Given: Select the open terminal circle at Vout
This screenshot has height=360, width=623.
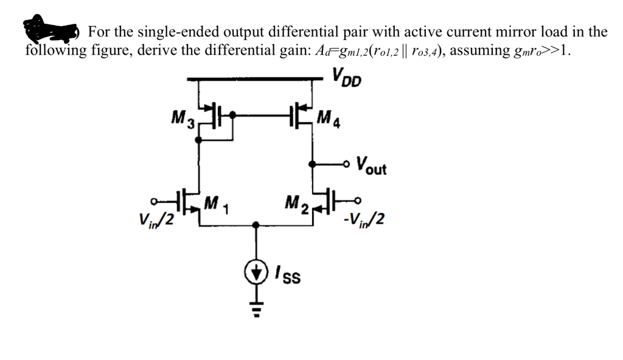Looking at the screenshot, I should [347, 164].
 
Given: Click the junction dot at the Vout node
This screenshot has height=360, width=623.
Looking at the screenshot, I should [313, 164].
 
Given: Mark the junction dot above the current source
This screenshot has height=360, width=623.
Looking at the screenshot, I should [257, 226].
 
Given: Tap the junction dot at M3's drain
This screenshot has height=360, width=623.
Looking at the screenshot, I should [198, 139].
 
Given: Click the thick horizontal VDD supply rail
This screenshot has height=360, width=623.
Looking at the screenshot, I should [256, 78].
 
